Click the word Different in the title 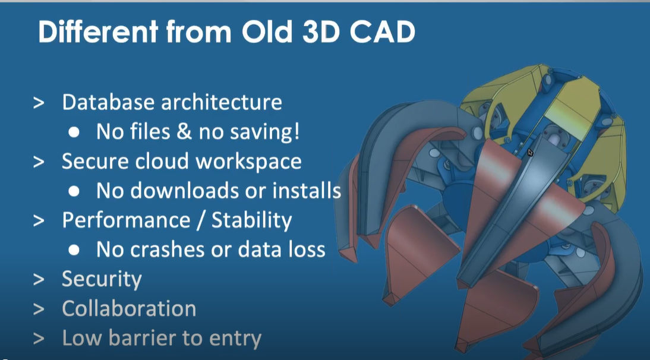(98, 32)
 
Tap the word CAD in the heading (382, 32)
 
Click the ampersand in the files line (183, 132)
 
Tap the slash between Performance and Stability (201, 220)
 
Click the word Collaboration (129, 309)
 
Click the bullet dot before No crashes (74, 250)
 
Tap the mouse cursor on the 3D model (530, 153)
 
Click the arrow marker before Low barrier (39, 339)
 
